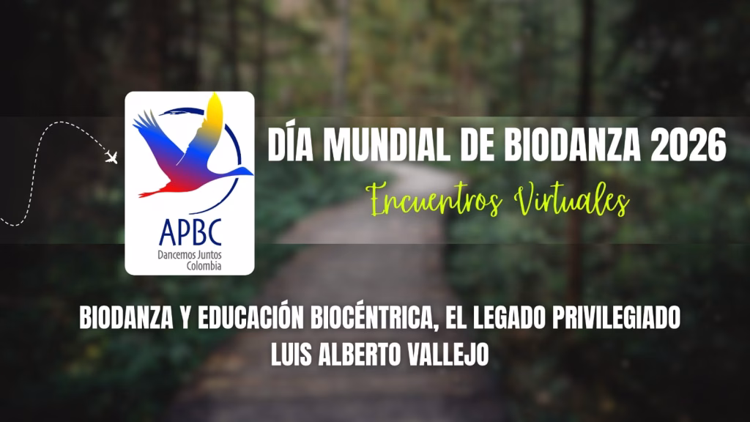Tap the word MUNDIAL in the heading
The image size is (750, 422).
point(387,144)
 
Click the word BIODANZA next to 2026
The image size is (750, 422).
point(572,144)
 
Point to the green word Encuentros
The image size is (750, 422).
point(434,200)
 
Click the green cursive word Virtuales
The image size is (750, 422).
point(571,199)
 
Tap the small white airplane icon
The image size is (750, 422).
point(111,157)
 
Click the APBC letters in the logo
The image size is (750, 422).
point(190,232)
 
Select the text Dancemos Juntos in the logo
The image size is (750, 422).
point(190,256)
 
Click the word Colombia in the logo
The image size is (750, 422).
point(204,266)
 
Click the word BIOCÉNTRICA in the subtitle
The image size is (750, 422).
point(375,318)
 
